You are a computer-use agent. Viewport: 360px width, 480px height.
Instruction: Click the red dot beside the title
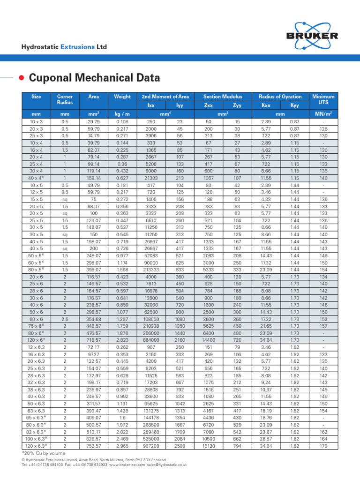pos(22,77)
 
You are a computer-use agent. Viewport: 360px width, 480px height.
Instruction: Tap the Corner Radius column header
pos(65,99)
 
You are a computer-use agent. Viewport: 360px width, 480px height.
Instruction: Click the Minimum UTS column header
pos(322,99)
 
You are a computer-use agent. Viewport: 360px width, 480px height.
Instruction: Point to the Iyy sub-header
pos(180,105)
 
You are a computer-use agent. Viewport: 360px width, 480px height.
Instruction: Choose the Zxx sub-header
pos(209,105)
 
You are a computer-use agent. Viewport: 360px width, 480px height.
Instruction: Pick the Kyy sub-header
pos(295,105)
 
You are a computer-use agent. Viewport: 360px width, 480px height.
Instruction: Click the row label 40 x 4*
pos(36,178)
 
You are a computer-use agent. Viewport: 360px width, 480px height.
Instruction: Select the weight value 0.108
pos(122,122)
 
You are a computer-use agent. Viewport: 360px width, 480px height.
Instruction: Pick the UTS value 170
pos(322,447)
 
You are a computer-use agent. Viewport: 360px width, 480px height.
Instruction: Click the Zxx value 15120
pos(209,447)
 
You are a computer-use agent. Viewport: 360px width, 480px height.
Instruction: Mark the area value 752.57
pos(93,447)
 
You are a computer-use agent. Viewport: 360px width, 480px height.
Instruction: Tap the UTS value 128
pos(322,129)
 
